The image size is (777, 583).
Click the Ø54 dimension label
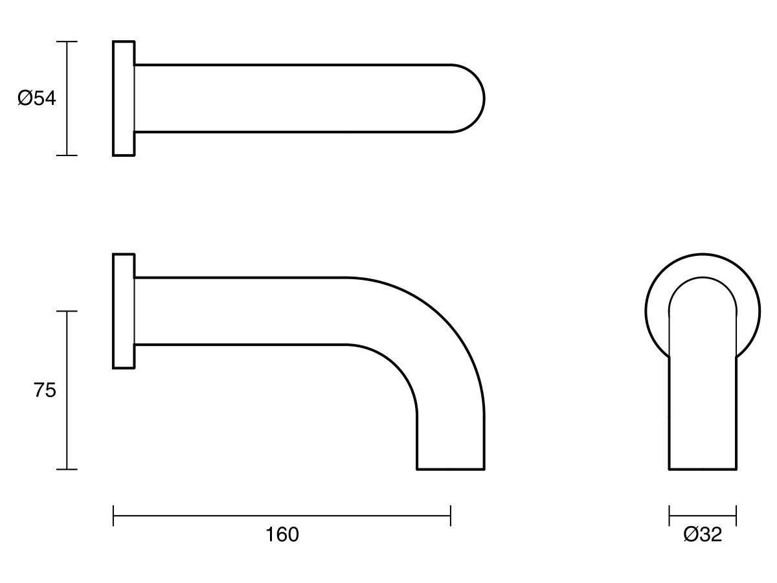click(x=37, y=98)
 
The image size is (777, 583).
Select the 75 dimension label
click(x=45, y=391)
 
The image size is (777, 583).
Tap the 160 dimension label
click(x=282, y=535)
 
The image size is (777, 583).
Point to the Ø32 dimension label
click(x=703, y=535)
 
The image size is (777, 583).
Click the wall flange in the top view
click(x=124, y=98)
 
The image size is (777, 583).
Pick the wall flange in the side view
click(x=124, y=311)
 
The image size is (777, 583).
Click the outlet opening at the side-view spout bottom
click(x=451, y=468)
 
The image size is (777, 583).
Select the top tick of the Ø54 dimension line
click(x=67, y=41)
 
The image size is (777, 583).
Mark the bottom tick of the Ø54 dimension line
click(x=67, y=155)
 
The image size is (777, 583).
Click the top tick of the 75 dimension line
click(x=67, y=311)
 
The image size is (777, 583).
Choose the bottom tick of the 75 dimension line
click(x=67, y=469)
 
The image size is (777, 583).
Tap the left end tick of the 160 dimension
click(x=113, y=516)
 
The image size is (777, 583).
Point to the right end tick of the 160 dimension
click(x=451, y=516)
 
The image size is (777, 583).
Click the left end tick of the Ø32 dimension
click(x=669, y=516)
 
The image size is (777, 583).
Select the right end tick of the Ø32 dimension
click(x=736, y=516)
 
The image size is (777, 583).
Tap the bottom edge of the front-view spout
click(x=703, y=468)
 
